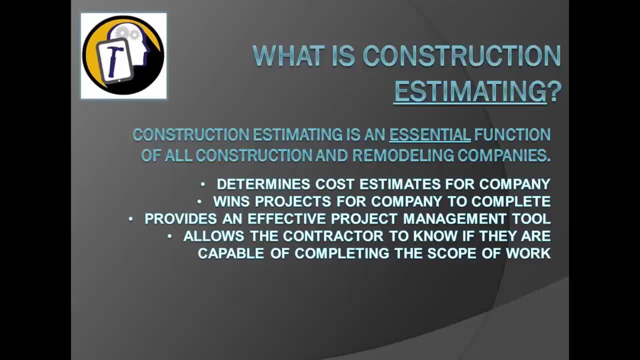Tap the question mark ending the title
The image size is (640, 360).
pyautogui.click(x=555, y=92)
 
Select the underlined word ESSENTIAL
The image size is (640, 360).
pyautogui.click(x=429, y=134)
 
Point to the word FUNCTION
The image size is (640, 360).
pyautogui.click(x=512, y=134)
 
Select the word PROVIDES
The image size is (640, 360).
pyautogui.click(x=180, y=219)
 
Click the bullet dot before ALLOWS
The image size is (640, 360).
pyautogui.click(x=169, y=235)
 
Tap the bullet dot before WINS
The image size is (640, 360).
pyautogui.click(x=199, y=201)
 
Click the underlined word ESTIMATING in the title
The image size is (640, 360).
pyautogui.click(x=470, y=92)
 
